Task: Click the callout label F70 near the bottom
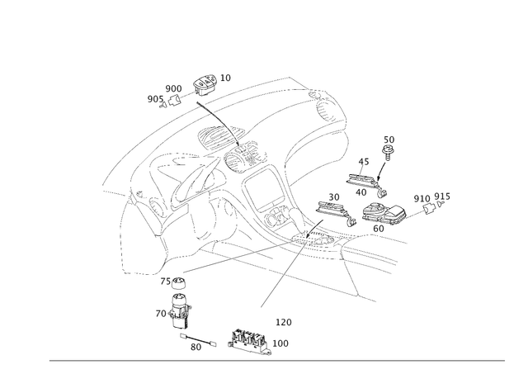(287, 320)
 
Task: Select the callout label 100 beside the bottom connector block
(282, 341)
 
